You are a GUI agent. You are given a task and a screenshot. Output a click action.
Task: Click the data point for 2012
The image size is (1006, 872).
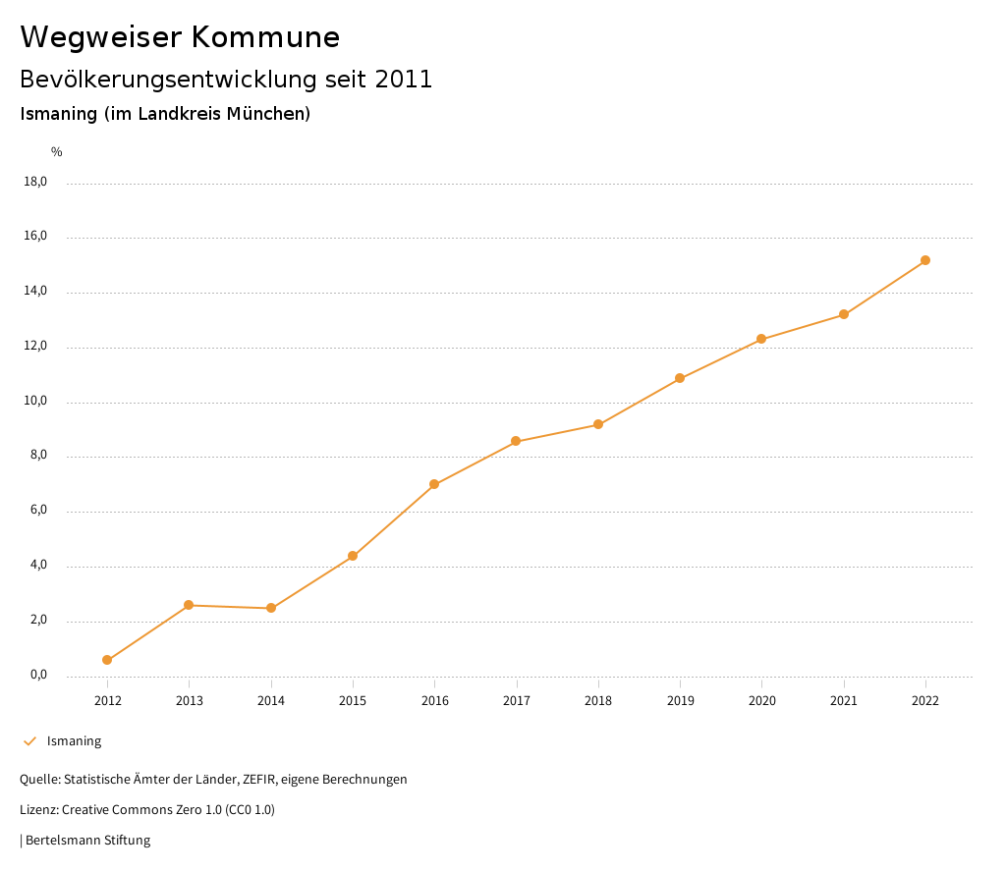point(107,660)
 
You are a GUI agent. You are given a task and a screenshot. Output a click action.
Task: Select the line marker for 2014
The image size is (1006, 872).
point(271,608)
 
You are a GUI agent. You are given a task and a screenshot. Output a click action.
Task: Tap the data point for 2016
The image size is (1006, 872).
point(434,484)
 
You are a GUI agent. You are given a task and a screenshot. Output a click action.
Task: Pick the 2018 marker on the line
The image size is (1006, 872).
point(598,424)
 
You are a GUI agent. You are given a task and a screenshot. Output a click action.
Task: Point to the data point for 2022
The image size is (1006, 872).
point(925,260)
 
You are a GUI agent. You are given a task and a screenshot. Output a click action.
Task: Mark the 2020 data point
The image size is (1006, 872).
point(761,339)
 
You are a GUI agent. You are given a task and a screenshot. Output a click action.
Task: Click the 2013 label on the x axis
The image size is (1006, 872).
point(190,700)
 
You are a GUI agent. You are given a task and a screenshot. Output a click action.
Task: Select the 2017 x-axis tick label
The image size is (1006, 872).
point(517,700)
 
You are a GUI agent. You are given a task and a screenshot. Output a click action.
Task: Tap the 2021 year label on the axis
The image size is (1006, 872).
point(844,700)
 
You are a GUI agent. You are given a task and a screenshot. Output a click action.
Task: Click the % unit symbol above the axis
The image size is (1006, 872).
point(57,152)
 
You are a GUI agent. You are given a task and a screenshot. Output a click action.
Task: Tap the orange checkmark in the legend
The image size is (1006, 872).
point(29,741)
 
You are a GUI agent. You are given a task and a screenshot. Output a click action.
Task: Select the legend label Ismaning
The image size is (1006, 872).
point(74,741)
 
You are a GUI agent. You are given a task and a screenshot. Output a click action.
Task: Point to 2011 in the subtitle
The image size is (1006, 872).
point(403,80)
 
